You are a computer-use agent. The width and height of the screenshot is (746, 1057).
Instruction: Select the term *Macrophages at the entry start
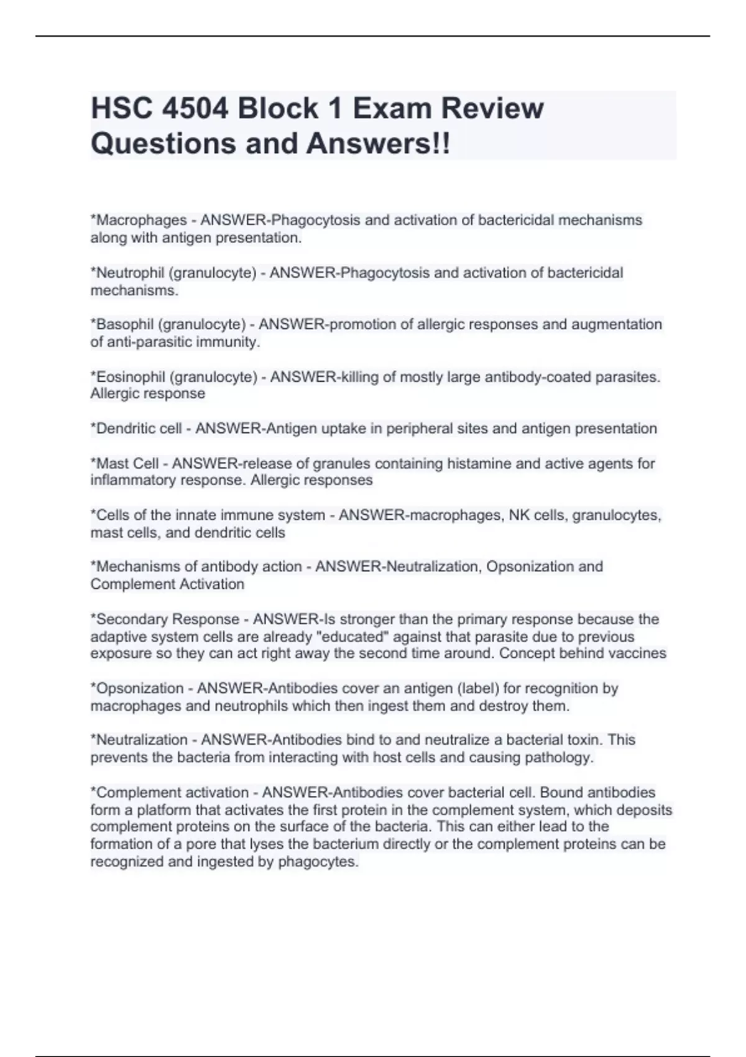point(139,220)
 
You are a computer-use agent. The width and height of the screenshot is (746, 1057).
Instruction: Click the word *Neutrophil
point(127,273)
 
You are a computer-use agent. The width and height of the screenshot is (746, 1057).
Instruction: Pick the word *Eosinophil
point(128,377)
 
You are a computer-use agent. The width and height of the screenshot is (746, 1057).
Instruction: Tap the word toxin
point(584,740)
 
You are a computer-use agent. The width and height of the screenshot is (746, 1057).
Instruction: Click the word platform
point(170,810)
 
